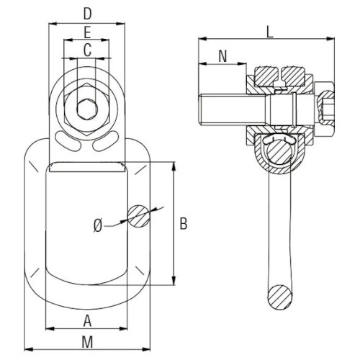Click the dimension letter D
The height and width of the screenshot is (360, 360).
pos(88,14)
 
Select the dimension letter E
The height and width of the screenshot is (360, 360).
pos(87,32)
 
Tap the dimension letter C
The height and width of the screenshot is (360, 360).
pos(87,50)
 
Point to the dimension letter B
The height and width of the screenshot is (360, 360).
pos(184,224)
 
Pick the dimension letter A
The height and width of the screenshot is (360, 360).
pos(88,321)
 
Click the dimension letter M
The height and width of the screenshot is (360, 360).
pos(87,342)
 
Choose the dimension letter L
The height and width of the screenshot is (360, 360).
pos(270,32)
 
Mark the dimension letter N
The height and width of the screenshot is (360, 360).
pos(223,56)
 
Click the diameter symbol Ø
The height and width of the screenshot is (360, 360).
pos(98,225)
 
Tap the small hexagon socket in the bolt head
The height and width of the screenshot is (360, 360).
pos(87,109)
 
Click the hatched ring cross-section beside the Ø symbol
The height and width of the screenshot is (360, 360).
pos(139,216)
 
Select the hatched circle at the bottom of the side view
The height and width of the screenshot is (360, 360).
pos(280,297)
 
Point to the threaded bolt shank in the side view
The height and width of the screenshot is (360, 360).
pos(233,109)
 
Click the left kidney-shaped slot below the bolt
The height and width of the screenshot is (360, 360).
pos(68,141)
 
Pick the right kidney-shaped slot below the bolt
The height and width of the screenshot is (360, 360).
pos(106,141)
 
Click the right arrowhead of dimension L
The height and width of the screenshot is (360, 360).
pos(330,39)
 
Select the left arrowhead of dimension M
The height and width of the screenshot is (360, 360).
pos(29,349)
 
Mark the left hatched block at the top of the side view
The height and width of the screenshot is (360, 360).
pos(267,76)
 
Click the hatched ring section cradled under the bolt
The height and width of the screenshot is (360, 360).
pos(279,153)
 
